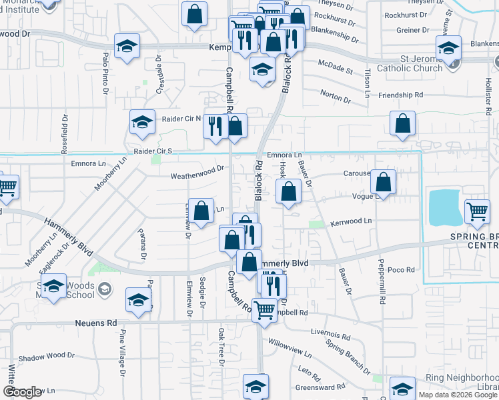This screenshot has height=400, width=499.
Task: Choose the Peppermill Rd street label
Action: tap(382, 281)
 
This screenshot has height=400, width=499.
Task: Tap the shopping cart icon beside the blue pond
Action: tap(478, 211)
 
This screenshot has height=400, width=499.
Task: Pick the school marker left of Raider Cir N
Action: tap(141, 122)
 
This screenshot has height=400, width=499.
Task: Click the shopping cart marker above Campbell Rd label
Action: tap(265, 308)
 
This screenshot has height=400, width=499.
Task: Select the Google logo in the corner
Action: tap(23, 393)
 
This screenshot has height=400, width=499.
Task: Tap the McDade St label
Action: tap(335, 69)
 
